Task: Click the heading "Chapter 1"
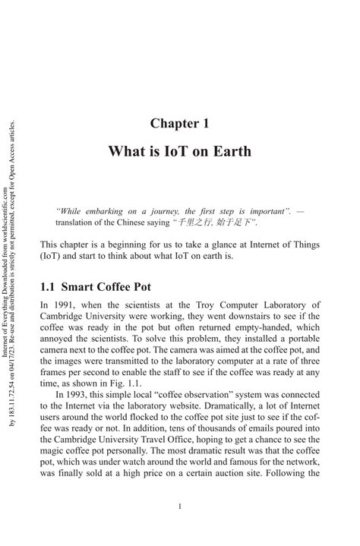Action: click(x=179, y=123)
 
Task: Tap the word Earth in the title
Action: click(x=230, y=151)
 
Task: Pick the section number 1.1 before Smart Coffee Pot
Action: click(x=47, y=288)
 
